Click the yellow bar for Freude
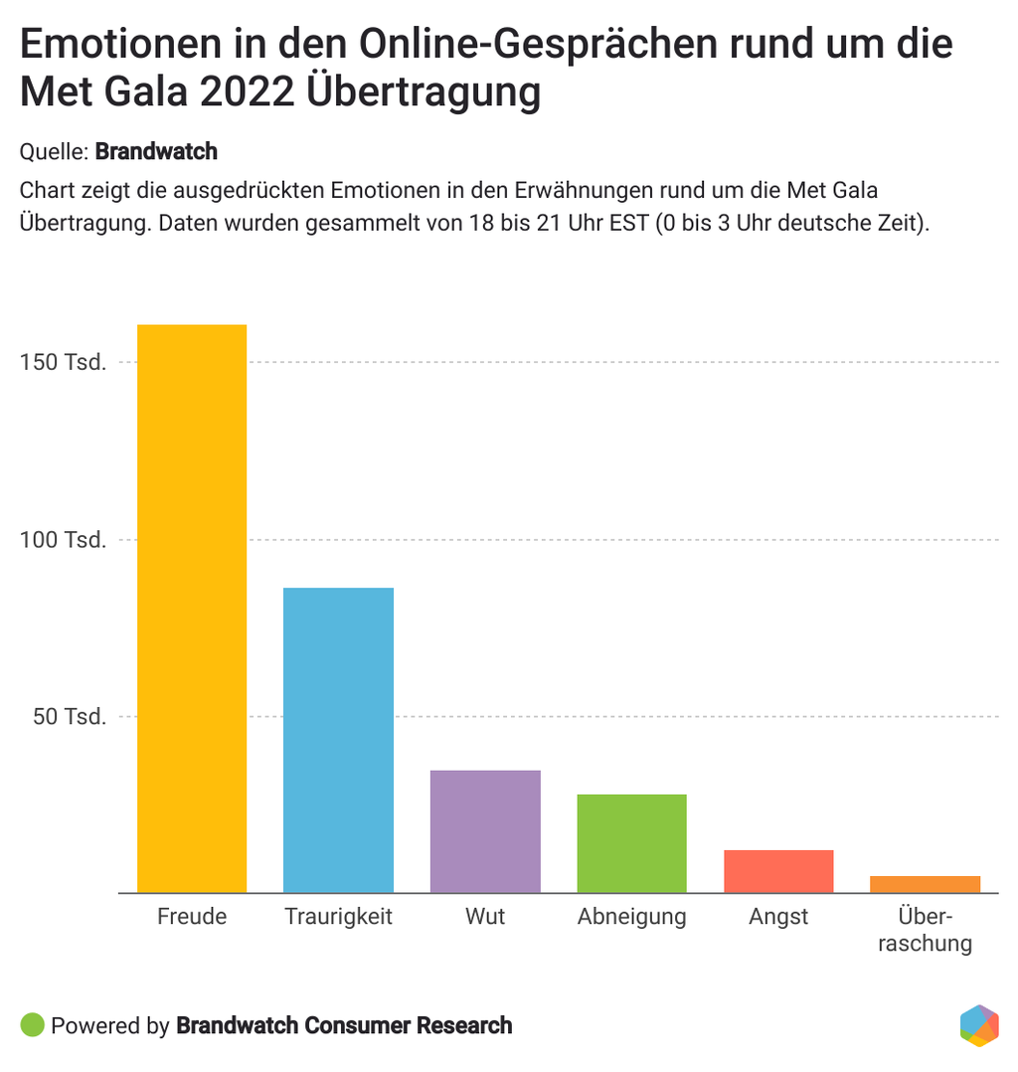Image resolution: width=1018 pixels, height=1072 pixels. [x=192, y=609]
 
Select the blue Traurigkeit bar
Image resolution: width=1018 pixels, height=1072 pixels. [x=338, y=740]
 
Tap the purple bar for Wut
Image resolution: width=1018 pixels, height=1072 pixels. [x=485, y=831]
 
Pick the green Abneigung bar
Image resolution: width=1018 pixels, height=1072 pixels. [x=631, y=843]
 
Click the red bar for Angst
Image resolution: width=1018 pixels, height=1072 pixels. [x=778, y=871]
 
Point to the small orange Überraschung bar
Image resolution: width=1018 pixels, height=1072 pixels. [x=925, y=884]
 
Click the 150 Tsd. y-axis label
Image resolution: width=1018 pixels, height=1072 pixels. [x=63, y=362]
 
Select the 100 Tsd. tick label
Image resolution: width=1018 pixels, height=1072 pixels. [x=63, y=540]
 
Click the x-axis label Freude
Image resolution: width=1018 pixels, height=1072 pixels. [x=192, y=917]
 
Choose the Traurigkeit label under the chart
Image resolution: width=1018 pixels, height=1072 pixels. [x=338, y=917]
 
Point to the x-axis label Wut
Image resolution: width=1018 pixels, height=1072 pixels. [x=485, y=917]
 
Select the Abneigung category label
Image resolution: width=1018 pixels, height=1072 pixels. [x=631, y=917]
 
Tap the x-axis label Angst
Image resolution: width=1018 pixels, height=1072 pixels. [x=778, y=917]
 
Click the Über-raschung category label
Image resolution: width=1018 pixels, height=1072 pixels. [x=925, y=930]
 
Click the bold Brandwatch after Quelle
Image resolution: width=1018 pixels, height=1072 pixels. [x=156, y=152]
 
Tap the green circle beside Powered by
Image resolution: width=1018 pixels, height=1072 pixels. [x=32, y=1025]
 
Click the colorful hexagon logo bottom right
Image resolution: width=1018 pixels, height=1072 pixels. [x=979, y=1026]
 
